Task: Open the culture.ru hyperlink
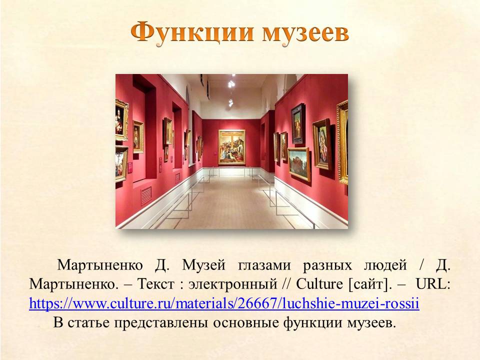(224, 303)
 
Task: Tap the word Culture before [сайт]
(319, 284)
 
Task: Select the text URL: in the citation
(433, 284)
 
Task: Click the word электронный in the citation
(232, 284)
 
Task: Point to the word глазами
(264, 265)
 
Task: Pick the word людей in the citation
(385, 265)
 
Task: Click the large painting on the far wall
(231, 147)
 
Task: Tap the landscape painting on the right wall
(299, 164)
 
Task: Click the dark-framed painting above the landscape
(298, 123)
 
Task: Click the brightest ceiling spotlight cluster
(231, 83)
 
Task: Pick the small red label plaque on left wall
(130, 168)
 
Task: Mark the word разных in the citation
(327, 265)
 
